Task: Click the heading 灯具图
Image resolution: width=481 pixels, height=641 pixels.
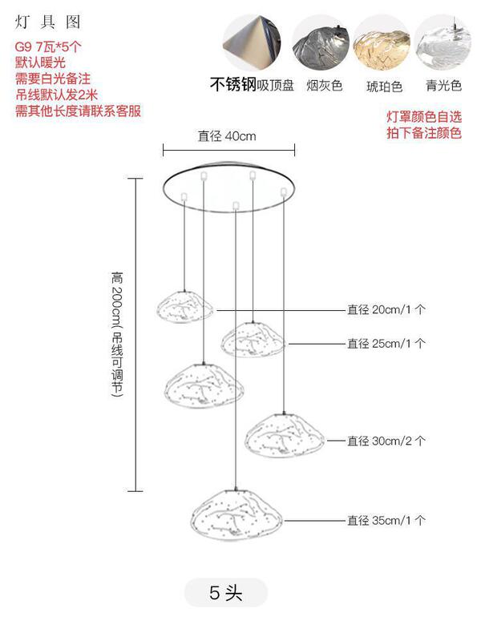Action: coord(38,22)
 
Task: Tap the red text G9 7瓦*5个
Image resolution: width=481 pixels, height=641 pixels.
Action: coord(48,46)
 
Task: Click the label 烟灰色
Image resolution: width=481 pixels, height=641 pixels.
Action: coord(324,86)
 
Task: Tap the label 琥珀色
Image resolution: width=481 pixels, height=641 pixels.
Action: coord(384,86)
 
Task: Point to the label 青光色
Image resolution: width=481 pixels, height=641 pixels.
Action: coord(443,86)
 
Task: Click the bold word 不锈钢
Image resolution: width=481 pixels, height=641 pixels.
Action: coord(233,85)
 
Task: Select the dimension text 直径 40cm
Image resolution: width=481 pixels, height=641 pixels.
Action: coord(227,136)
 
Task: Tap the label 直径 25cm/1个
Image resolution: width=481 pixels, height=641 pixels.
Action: coord(386,343)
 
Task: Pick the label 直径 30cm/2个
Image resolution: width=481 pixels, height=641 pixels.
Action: coord(386,441)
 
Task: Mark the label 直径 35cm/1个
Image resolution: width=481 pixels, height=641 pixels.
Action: coord(386,521)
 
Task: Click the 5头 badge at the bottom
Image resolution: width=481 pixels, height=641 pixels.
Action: coord(225,593)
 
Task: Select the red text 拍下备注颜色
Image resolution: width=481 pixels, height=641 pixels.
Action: coord(424,133)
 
